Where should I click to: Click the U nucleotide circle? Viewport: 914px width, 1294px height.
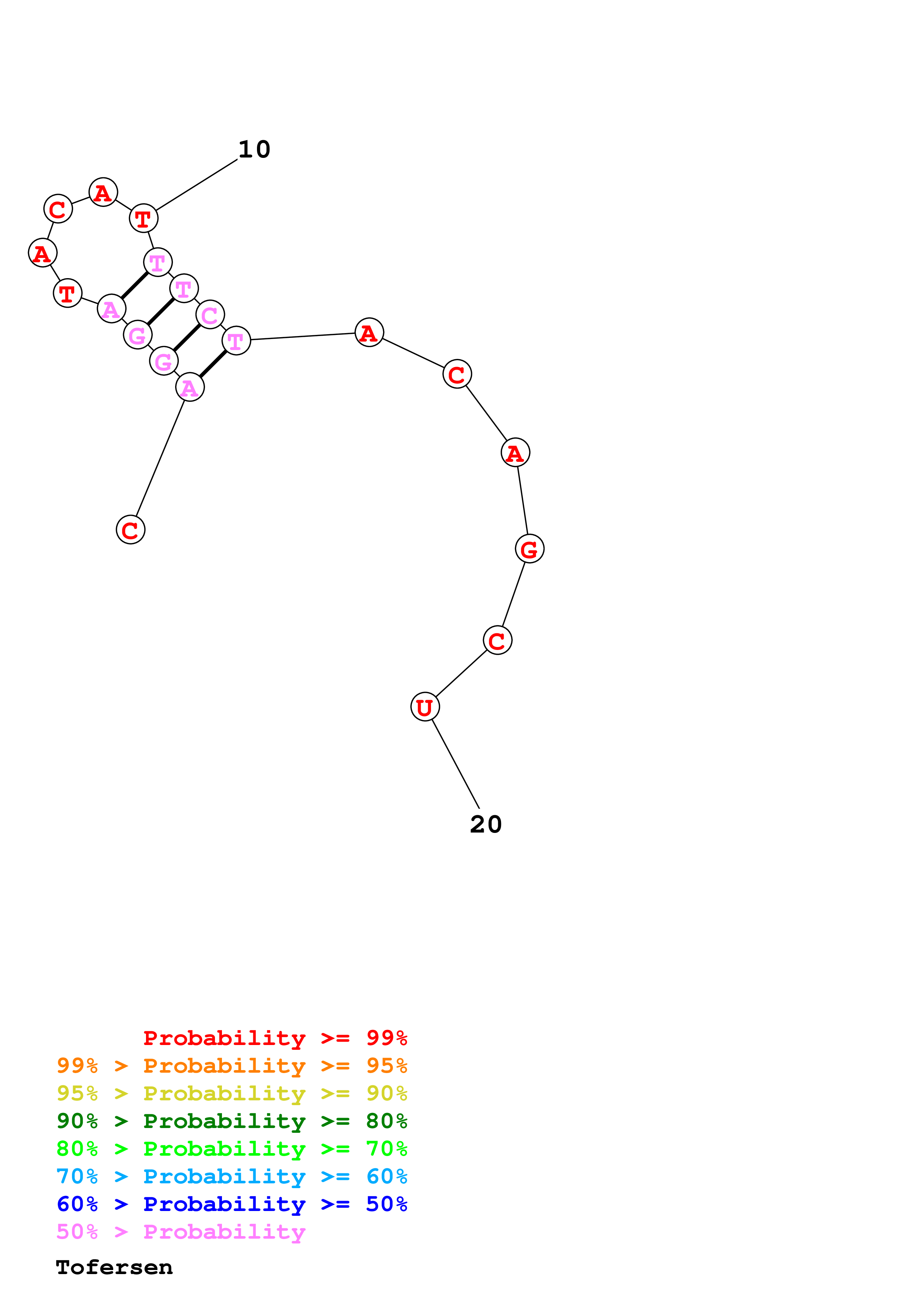(x=425, y=707)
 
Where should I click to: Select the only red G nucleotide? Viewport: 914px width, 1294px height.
(x=529, y=549)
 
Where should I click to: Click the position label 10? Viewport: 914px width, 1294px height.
(x=254, y=149)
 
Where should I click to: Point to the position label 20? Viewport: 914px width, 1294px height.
(x=486, y=824)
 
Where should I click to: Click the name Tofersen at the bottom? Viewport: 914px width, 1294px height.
(x=114, y=1267)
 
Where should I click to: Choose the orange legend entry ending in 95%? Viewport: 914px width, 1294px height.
(x=232, y=1066)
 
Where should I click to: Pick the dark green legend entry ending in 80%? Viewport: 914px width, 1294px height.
(x=232, y=1121)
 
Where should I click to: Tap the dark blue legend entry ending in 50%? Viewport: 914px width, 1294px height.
(x=232, y=1204)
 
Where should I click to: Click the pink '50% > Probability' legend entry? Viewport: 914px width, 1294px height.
(x=181, y=1232)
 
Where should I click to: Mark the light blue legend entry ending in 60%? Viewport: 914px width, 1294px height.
(x=232, y=1176)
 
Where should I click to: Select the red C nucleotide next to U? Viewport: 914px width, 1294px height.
(x=497, y=640)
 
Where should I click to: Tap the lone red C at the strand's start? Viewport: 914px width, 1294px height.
(x=131, y=530)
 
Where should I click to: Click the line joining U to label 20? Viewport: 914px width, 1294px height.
(x=455, y=764)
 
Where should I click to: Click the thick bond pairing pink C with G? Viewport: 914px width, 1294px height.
(x=187, y=338)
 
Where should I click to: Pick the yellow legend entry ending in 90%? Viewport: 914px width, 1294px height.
(x=232, y=1093)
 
